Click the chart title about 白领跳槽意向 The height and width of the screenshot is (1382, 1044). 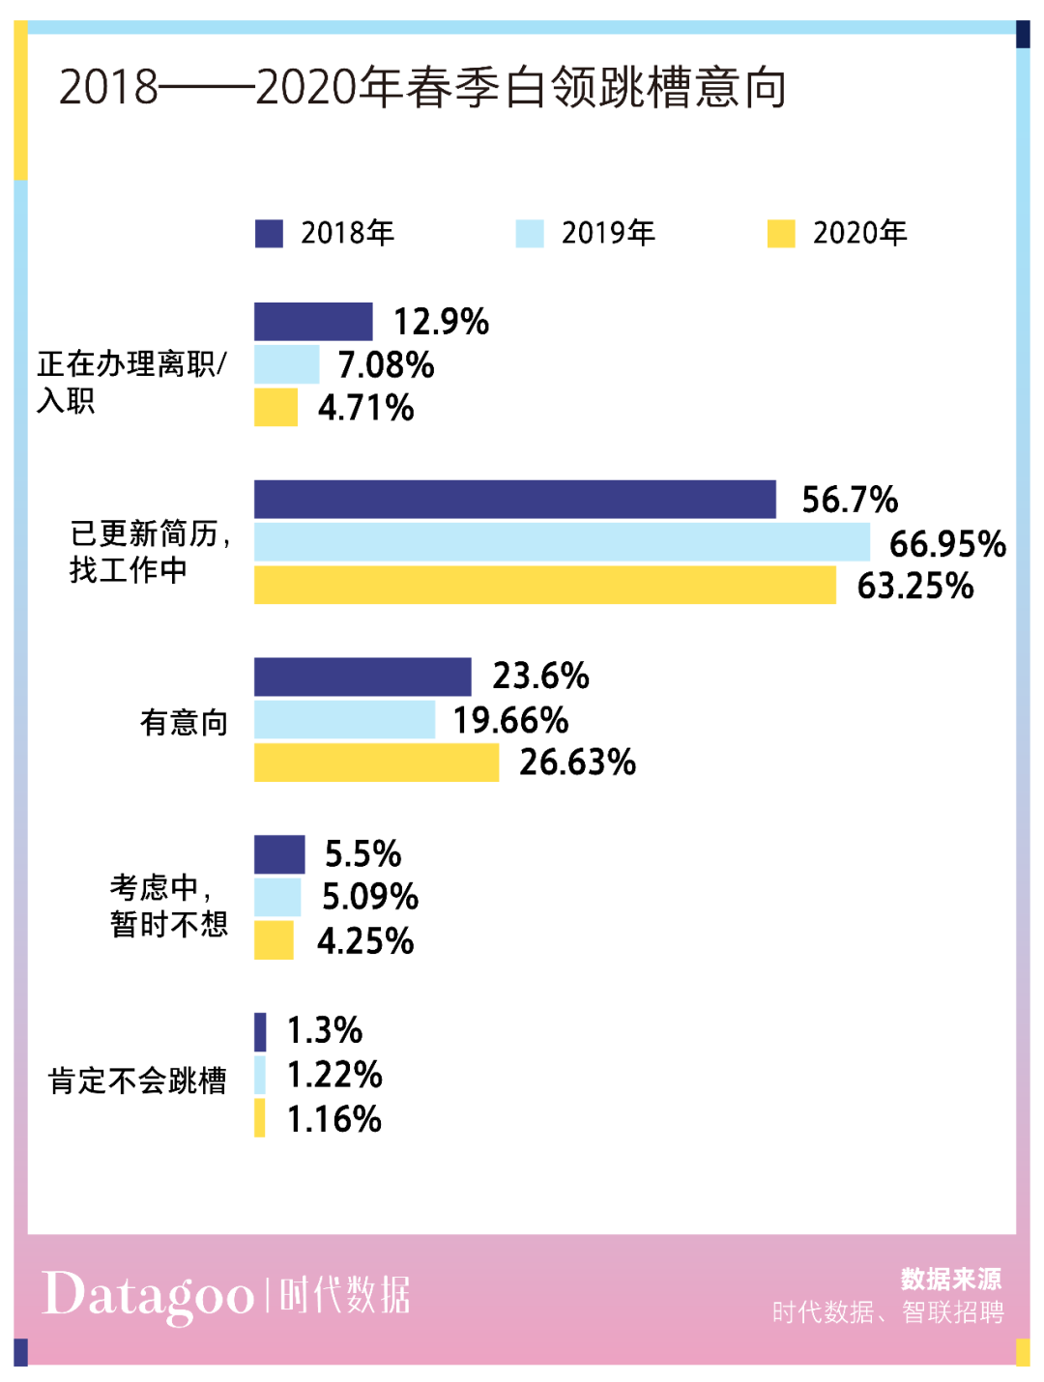(x=422, y=88)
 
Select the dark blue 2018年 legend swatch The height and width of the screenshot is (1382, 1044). (x=269, y=234)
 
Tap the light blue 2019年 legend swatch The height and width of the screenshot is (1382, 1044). (x=530, y=234)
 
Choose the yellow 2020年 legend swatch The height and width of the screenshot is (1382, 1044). (x=781, y=234)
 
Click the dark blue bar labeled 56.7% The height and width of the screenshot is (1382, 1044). (x=514, y=500)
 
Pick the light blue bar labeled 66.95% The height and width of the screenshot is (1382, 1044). (x=562, y=542)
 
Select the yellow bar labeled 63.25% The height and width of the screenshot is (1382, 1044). (x=544, y=585)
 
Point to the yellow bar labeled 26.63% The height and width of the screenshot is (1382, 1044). (x=376, y=763)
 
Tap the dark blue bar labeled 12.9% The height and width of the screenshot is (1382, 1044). (x=313, y=322)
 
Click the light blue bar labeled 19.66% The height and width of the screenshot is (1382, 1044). (x=344, y=720)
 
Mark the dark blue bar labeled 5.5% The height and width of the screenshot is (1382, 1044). (x=279, y=854)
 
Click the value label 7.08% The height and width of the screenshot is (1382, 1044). (x=386, y=365)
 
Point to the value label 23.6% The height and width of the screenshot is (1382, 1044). (x=540, y=677)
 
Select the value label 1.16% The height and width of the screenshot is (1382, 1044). (x=333, y=1119)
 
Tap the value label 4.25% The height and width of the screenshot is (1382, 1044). (x=365, y=940)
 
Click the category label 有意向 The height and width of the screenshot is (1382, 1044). (x=184, y=722)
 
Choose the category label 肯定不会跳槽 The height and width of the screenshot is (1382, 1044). (x=137, y=1080)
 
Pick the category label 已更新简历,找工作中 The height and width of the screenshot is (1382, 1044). (x=150, y=552)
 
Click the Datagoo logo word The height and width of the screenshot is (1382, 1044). (x=148, y=1296)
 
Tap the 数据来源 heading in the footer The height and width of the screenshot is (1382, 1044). (x=950, y=1280)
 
